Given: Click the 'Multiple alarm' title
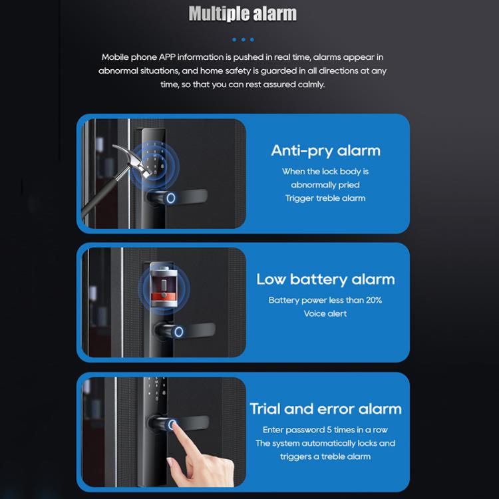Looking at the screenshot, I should (x=242, y=13).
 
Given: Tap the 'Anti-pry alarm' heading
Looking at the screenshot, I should (x=325, y=150).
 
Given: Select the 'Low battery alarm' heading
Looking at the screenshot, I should (x=325, y=279).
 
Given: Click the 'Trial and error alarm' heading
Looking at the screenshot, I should (x=325, y=409).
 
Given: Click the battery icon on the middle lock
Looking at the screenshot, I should (x=161, y=287).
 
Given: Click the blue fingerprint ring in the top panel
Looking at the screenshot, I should (x=171, y=198).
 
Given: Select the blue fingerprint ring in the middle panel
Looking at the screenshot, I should (x=179, y=330).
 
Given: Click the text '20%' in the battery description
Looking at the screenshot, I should (x=373, y=300).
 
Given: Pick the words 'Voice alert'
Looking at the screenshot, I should (x=325, y=313).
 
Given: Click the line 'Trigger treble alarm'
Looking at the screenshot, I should (x=325, y=198).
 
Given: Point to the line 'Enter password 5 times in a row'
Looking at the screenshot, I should (x=325, y=430).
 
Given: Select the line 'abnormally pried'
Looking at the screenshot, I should (x=325, y=185).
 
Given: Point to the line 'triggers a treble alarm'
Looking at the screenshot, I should (x=325, y=456).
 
